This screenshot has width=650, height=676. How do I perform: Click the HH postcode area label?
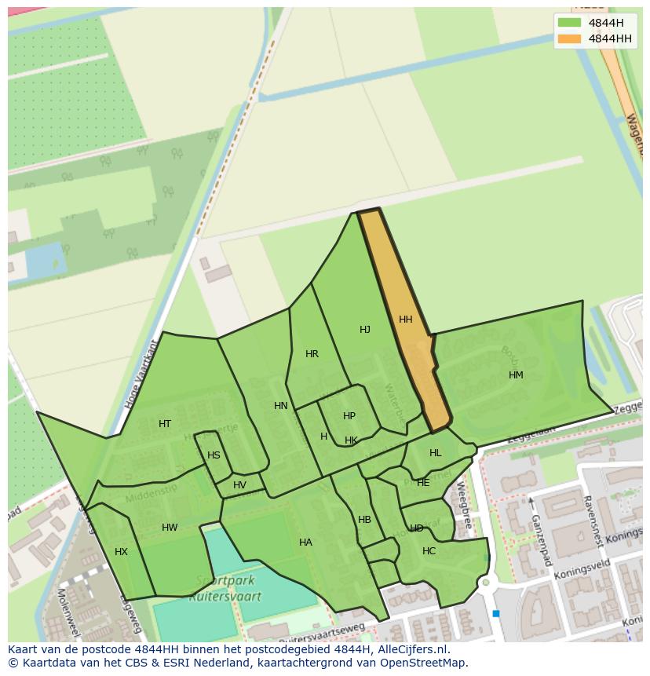coord(405,320)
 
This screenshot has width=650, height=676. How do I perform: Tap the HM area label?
coord(516,375)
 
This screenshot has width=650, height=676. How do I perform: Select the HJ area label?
coord(365,330)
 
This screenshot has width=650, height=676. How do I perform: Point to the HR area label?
coord(312,354)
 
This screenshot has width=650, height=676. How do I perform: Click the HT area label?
coord(165,424)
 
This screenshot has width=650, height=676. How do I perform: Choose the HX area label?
coord(121,552)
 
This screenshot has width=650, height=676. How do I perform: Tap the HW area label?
coord(170,528)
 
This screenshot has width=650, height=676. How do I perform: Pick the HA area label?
coord(305,543)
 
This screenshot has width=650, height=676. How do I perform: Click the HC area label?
coord(429,551)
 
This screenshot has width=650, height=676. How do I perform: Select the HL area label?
coord(436,453)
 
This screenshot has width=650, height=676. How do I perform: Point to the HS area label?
coord(214,455)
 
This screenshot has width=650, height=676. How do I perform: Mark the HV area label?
coord(239,485)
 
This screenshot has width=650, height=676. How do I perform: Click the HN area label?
coord(281,406)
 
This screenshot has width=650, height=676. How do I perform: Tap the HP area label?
coord(349,416)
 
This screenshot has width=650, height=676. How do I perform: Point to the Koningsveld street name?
coord(582,570)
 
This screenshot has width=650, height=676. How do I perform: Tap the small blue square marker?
coord(496,614)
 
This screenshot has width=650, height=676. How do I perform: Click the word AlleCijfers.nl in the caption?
coord(411,649)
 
